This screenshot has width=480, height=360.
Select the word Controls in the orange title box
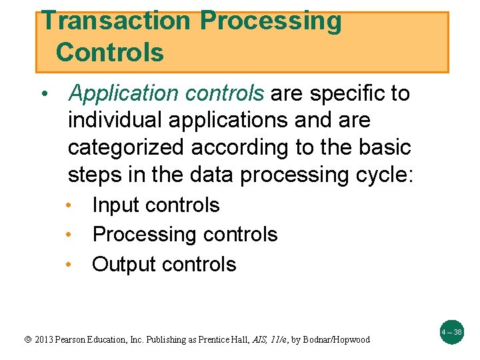tap(110, 52)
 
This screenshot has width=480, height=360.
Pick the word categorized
tap(125, 147)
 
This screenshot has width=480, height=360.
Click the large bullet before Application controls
tap(43, 95)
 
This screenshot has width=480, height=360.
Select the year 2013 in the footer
tap(43, 339)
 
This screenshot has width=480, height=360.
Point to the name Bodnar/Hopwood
tap(339, 339)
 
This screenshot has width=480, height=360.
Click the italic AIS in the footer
tap(256, 339)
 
